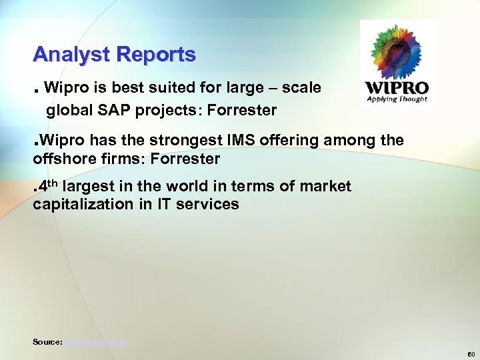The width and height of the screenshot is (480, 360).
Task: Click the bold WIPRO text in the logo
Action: coord(397,88)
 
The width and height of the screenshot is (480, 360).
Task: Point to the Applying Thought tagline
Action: coord(397,99)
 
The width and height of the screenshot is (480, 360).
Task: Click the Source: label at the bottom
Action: coord(47,342)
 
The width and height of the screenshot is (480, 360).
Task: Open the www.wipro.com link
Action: coord(95,342)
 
